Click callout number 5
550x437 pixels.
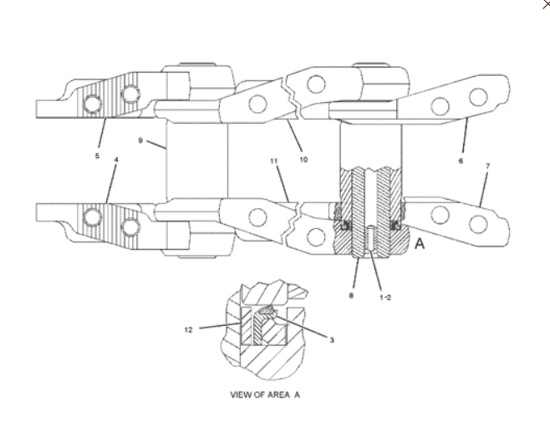pyautogui.click(x=97, y=155)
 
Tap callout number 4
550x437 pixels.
pyautogui.click(x=116, y=160)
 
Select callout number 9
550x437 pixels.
pyautogui.click(x=140, y=140)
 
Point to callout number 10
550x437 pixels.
pyautogui.click(x=303, y=160)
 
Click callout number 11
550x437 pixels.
pyautogui.click(x=274, y=161)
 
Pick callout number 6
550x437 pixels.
pyautogui.click(x=461, y=160)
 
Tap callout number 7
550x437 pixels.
pyautogui.click(x=487, y=166)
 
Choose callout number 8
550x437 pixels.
pyautogui.click(x=351, y=296)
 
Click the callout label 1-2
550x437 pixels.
pyautogui.click(x=385, y=297)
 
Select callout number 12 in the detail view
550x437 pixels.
pyautogui.click(x=188, y=330)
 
